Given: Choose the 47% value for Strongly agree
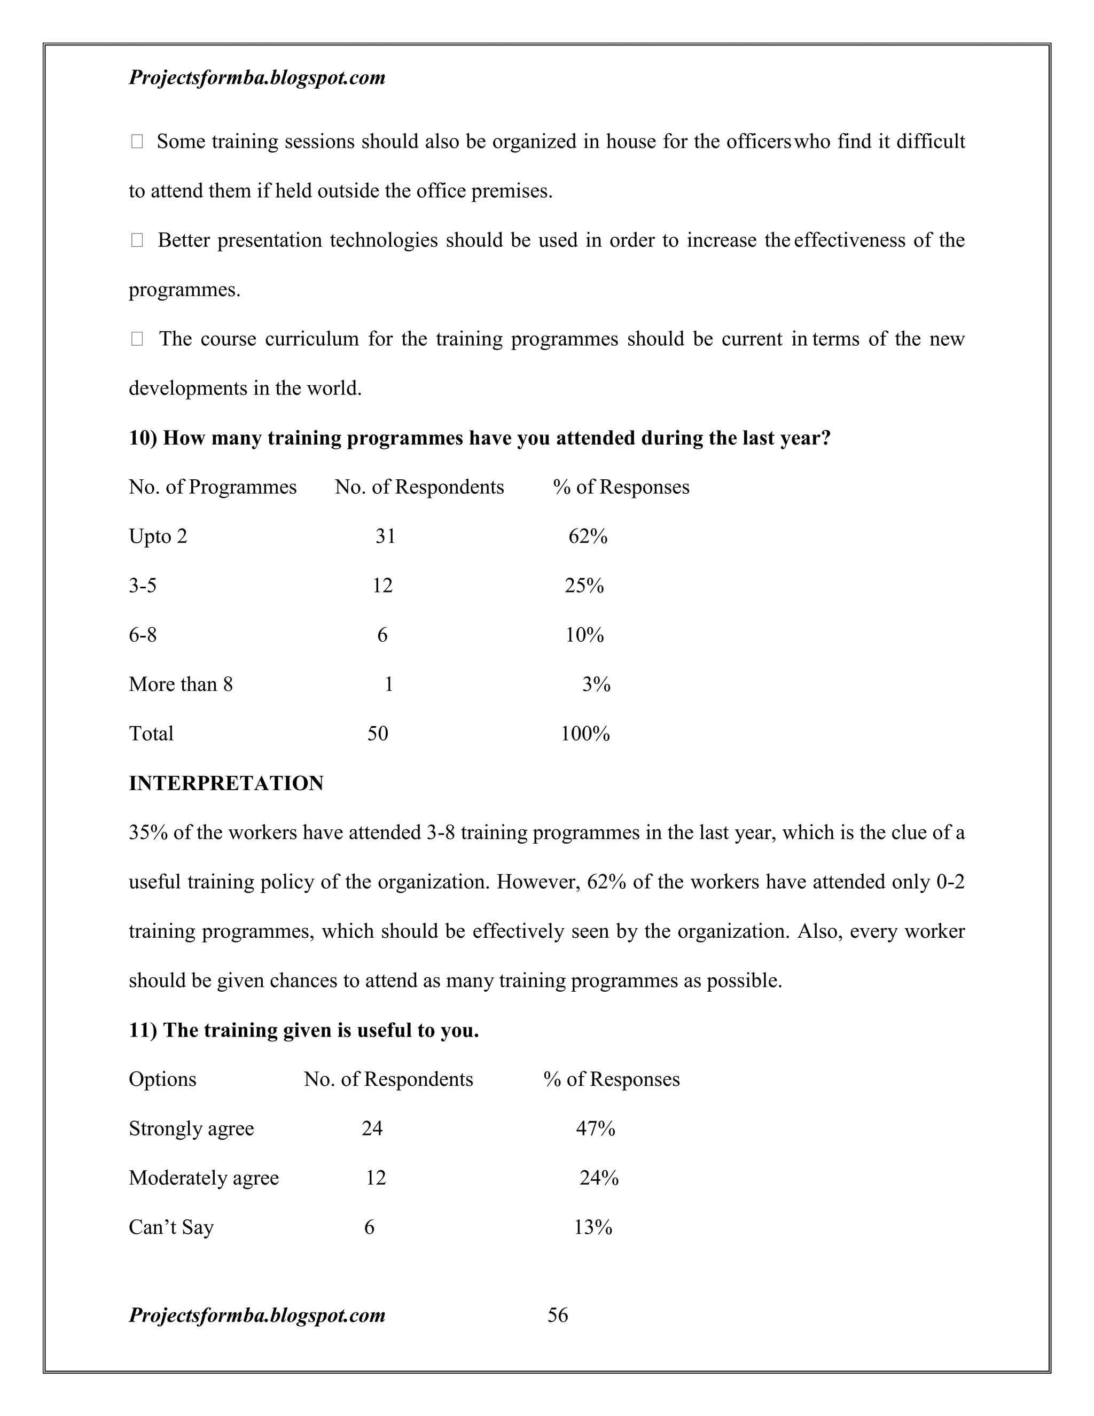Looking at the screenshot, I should point(595,1128).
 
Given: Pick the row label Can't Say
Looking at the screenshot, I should point(171,1227).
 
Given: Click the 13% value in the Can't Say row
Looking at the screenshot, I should point(592,1227).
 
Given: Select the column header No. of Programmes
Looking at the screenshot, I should point(213,487).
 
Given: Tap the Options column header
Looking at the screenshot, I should point(162,1079).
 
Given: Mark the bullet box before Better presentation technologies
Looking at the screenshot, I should point(137,240).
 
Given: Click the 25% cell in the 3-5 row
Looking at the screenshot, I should point(584,586).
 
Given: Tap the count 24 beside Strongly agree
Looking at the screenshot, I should point(372,1128).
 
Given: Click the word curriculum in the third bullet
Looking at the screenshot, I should point(311,339).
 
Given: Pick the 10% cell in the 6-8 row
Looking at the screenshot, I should point(584,635).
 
